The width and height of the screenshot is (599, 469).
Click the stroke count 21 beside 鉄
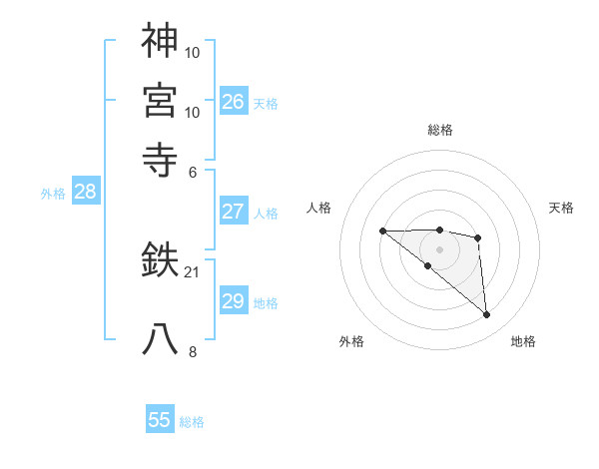(x=193, y=271)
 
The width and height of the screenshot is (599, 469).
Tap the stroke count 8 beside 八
(x=193, y=351)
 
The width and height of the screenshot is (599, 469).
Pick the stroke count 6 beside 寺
(x=193, y=171)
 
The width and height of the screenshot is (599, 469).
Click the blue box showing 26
(x=233, y=102)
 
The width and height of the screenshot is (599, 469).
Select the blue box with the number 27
(x=233, y=212)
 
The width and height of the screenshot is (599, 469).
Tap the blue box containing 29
(x=233, y=301)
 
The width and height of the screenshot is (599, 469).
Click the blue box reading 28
(x=85, y=193)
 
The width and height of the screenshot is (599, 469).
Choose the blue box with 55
(x=160, y=420)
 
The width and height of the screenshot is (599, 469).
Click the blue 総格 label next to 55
(x=192, y=422)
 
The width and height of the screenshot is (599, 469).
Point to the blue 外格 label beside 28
(x=53, y=194)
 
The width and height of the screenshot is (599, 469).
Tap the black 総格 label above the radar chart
(x=440, y=130)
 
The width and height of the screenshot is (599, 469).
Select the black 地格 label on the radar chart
(x=523, y=341)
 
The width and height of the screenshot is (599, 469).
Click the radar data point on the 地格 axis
(x=487, y=315)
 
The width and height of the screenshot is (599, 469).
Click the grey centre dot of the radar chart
(x=440, y=249)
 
